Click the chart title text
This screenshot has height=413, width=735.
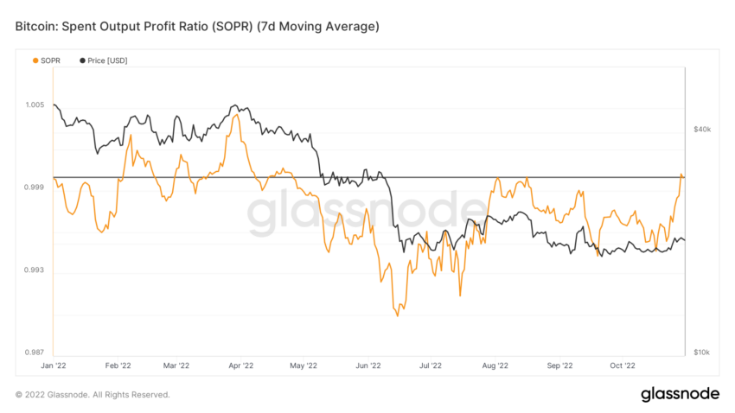[197, 28]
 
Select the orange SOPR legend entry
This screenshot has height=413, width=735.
[48, 60]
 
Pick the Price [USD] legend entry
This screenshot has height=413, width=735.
[103, 60]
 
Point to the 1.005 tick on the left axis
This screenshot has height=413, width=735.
[34, 105]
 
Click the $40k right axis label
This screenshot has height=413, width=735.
[702, 130]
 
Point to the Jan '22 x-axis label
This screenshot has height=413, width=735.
[54, 366]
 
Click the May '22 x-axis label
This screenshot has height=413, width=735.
[304, 366]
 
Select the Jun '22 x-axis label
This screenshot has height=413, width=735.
[368, 366]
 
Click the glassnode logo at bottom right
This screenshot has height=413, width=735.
[680, 394]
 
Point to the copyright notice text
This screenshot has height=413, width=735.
[93, 395]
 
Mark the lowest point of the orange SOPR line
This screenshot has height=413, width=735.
[397, 316]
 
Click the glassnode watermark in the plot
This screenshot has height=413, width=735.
[367, 214]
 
